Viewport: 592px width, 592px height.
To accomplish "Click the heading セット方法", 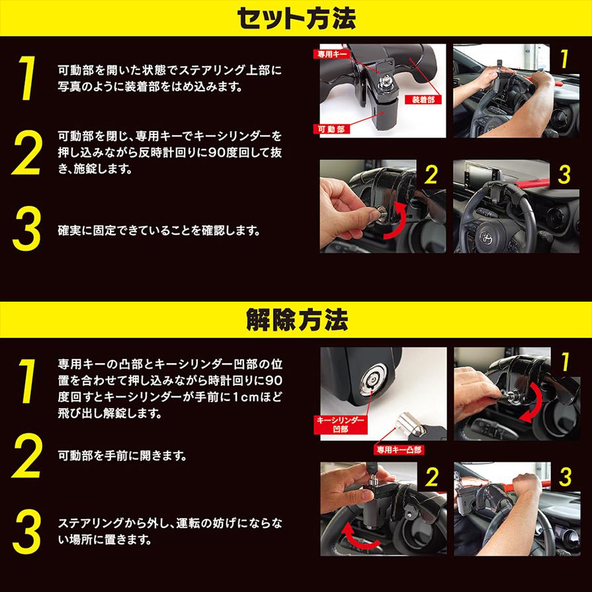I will [x=296, y=19].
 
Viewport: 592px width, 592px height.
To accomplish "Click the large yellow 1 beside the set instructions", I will [x=27, y=78].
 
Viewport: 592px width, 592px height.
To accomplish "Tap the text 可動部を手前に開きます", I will [x=122, y=456].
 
